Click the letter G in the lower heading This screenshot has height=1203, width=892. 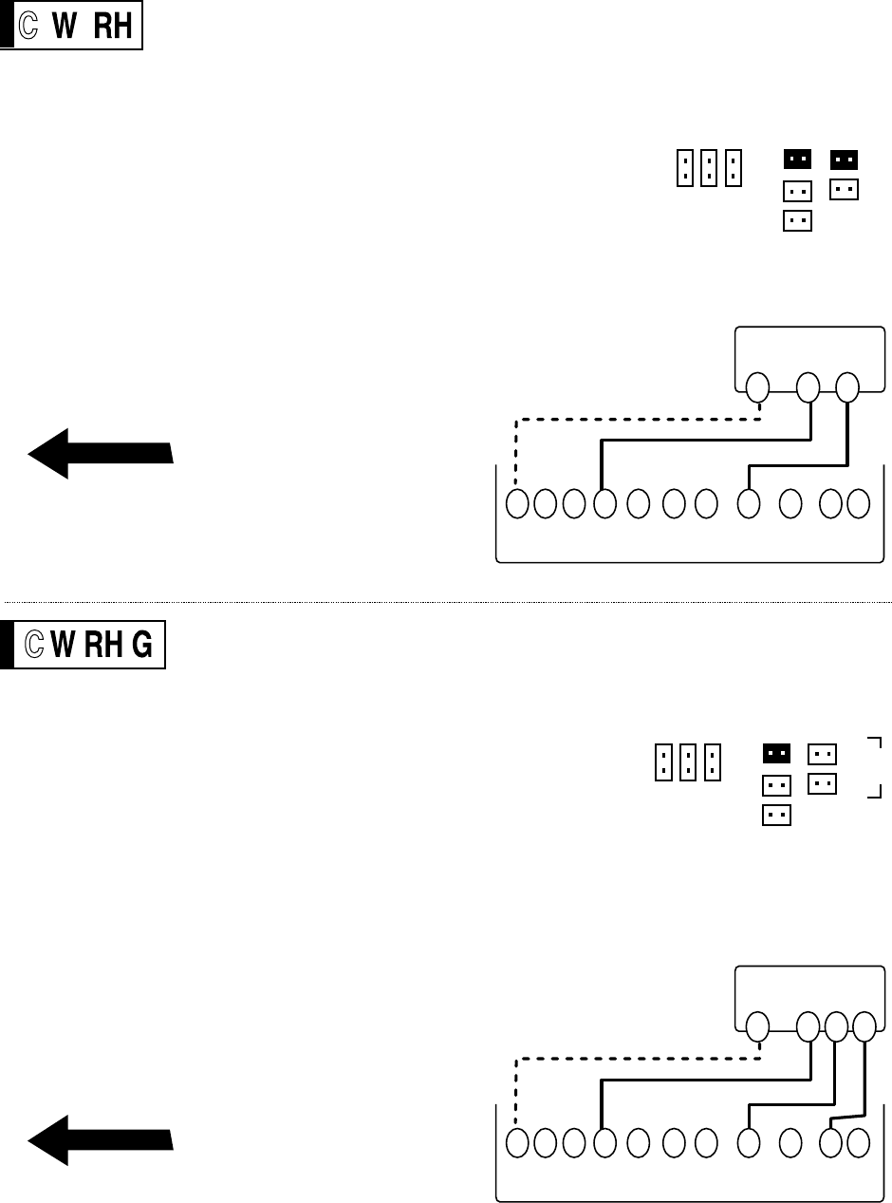click(140, 647)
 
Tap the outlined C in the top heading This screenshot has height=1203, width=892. click(29, 29)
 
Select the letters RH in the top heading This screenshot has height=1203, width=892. click(114, 29)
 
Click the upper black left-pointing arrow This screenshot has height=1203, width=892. click(100, 453)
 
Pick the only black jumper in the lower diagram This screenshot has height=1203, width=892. click(777, 753)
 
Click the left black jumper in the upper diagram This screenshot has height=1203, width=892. click(798, 159)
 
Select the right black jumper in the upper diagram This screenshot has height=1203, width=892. click(845, 159)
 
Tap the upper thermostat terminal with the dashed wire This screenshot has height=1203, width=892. click(756, 387)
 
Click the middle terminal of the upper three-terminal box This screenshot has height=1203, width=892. click(808, 387)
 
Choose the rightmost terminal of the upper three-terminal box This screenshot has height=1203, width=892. click(847, 387)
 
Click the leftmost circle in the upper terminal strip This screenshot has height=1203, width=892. click(517, 504)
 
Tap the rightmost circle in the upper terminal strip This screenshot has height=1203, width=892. click(858, 504)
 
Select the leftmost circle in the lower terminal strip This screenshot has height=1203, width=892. click(517, 1143)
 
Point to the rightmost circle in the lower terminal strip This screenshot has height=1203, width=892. click(858, 1143)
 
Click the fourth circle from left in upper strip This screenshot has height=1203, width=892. click(604, 504)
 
